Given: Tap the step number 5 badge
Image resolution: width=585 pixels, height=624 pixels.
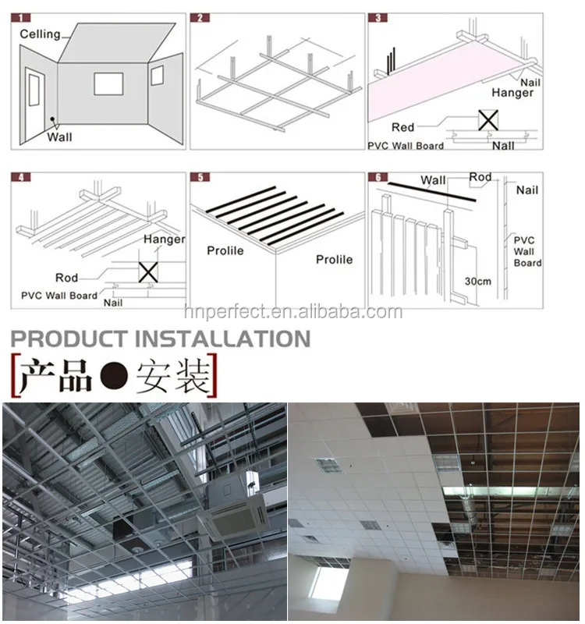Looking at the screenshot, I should [200, 177].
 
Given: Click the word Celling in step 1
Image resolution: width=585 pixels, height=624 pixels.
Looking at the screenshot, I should [39, 34].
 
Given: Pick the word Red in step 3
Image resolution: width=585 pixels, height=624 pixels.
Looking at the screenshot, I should [403, 127].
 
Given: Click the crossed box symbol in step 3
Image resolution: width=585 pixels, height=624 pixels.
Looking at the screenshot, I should [488, 119].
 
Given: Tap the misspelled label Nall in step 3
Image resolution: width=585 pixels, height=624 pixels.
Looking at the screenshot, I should [503, 145].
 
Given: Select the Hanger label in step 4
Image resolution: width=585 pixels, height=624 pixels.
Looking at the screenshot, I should [164, 239].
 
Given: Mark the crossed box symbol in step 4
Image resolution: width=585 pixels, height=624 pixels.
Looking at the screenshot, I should [147, 271].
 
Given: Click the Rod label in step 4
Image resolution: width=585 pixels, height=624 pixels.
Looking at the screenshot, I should [66, 278].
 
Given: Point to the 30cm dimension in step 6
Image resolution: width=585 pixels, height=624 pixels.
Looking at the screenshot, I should [477, 281].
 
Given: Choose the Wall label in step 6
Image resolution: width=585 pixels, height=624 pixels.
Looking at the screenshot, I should [434, 181].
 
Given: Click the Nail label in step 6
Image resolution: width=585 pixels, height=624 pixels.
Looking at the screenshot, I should [526, 190].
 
